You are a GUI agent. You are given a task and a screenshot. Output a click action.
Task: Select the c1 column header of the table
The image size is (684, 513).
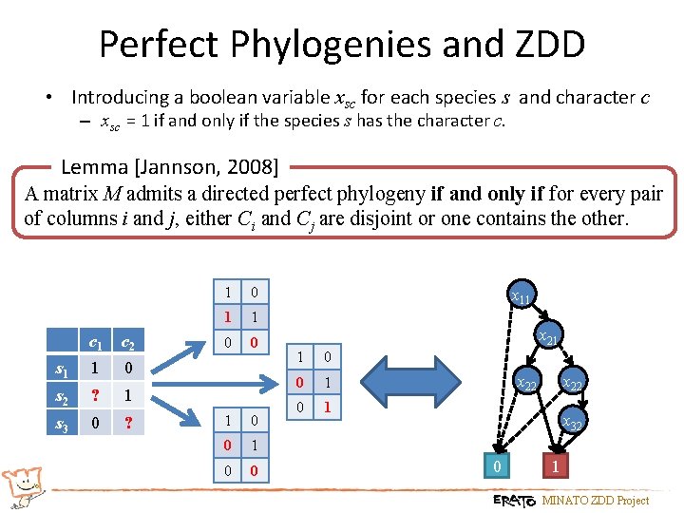point(95,343)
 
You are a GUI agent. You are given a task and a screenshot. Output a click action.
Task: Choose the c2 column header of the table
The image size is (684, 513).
point(126,343)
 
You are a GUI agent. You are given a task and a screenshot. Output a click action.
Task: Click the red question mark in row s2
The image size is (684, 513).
point(95,395)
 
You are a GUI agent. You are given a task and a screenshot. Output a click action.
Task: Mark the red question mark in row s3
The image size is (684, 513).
point(126,422)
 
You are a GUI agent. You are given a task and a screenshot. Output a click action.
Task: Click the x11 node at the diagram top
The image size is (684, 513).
point(521,297)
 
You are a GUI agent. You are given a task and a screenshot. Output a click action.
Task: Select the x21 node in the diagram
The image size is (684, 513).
point(548,337)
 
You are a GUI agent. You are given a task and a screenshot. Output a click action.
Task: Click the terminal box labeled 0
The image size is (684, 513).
point(496,466)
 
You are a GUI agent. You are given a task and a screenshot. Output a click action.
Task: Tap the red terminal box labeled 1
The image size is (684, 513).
point(556,466)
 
